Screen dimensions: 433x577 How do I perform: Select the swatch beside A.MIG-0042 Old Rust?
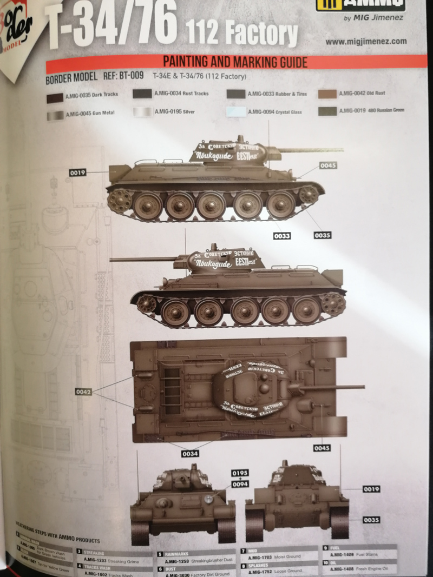pyautogui.click(x=327, y=94)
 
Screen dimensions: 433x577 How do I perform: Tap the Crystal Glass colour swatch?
pyautogui.click(x=236, y=112)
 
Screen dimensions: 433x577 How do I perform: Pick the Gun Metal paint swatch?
pyautogui.click(x=55, y=115)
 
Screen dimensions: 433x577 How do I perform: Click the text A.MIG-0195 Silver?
pyautogui.click(x=174, y=112)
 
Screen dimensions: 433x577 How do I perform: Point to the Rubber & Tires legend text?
pyautogui.click(x=277, y=94)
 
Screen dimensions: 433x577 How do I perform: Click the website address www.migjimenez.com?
pyautogui.click(x=366, y=41)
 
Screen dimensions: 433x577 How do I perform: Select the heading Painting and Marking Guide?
pyautogui.click(x=235, y=62)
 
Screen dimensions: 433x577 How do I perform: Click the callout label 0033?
pyautogui.click(x=282, y=236)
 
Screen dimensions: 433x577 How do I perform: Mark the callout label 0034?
pyautogui.click(x=190, y=454)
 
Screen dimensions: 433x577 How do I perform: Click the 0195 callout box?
pyautogui.click(x=240, y=473)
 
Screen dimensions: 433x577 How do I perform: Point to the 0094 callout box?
pyautogui.click(x=240, y=484)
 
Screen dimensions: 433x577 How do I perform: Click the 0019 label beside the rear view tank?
pyautogui.click(x=371, y=489)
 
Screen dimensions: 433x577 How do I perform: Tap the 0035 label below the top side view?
pyautogui.click(x=322, y=235)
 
